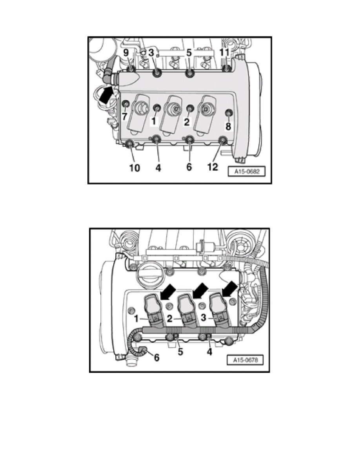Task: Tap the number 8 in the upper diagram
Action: (227, 126)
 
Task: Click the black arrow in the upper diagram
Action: (105, 95)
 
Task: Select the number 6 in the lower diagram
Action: (156, 358)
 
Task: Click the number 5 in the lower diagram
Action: (180, 352)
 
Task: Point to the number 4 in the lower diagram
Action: (210, 352)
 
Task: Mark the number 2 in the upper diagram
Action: (187, 122)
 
